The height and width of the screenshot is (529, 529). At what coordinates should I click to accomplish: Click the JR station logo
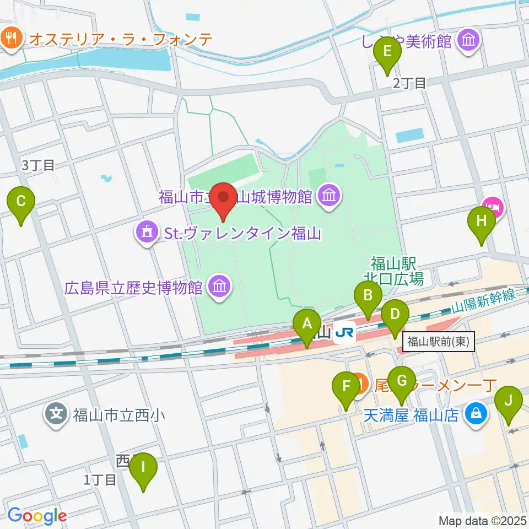[345, 332]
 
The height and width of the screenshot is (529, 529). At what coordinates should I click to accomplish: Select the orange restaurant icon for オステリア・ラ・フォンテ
[11, 38]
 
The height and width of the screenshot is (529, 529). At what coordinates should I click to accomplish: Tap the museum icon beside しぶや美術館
[469, 40]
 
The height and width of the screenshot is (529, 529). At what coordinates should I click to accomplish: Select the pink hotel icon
[494, 207]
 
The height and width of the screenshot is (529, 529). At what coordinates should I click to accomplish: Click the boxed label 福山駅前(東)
[438, 342]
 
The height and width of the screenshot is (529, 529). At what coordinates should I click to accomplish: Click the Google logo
[37, 516]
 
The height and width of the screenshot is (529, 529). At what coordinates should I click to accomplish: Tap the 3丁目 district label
[38, 165]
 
